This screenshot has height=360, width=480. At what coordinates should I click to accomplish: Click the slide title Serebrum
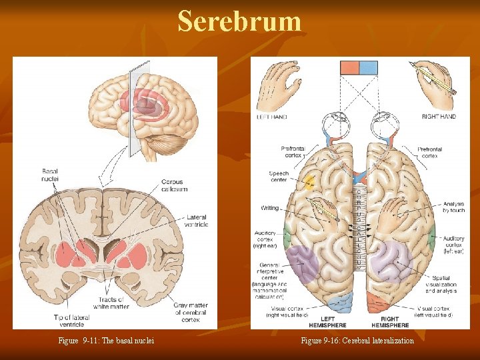239,21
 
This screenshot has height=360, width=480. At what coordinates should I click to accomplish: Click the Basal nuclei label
50,175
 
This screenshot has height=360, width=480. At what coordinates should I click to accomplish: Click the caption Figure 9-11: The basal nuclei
106,341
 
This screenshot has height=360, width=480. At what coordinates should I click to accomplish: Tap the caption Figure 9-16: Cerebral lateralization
357,341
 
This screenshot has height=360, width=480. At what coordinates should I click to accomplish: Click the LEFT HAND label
271,117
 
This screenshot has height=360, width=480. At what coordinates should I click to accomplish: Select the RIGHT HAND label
439,117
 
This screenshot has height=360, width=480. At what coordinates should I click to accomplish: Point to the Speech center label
279,177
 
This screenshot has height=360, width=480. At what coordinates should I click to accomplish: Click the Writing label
270,208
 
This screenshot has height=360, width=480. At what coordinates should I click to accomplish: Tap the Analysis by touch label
454,207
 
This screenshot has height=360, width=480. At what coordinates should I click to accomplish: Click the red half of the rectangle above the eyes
349,67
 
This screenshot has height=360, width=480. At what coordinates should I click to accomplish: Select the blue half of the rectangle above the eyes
368,67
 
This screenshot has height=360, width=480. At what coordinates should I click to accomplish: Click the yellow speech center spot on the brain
309,181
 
